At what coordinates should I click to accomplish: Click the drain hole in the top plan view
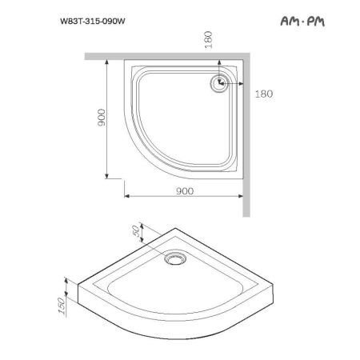218,82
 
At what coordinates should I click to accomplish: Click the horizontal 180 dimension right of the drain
264,94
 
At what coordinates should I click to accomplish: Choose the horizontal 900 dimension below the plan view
184,190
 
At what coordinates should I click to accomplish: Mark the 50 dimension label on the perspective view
137,230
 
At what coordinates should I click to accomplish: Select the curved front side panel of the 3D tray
160,326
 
